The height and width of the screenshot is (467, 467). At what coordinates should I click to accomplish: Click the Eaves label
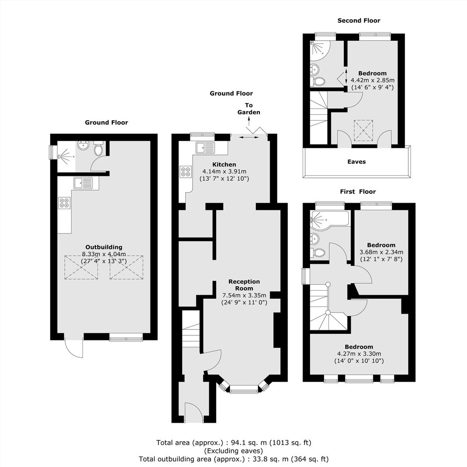tap(357, 162)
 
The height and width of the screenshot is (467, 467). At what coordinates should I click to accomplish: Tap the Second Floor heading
tap(359, 20)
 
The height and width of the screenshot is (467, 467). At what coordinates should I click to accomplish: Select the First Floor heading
tap(358, 191)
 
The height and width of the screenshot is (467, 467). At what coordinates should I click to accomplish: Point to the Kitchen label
tap(224, 164)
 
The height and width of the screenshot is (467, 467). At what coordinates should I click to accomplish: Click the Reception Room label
tap(244, 285)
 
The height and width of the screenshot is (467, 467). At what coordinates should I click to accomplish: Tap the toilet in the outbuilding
tap(98, 148)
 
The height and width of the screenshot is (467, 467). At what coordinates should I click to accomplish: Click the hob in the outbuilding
tap(65, 203)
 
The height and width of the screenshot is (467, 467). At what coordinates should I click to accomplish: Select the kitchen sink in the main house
tap(205, 148)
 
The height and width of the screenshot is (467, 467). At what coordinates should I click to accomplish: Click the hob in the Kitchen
tap(185, 171)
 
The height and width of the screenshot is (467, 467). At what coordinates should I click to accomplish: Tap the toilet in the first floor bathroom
tap(318, 253)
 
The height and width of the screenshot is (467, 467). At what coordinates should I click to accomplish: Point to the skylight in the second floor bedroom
tap(363, 131)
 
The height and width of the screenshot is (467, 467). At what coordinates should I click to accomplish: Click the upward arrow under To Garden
tap(249, 121)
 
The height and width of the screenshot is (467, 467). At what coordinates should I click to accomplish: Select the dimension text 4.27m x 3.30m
tap(359, 354)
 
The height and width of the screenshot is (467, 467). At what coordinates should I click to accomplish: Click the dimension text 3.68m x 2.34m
tap(382, 252)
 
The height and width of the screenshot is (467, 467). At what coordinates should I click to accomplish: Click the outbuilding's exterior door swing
tap(74, 348)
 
